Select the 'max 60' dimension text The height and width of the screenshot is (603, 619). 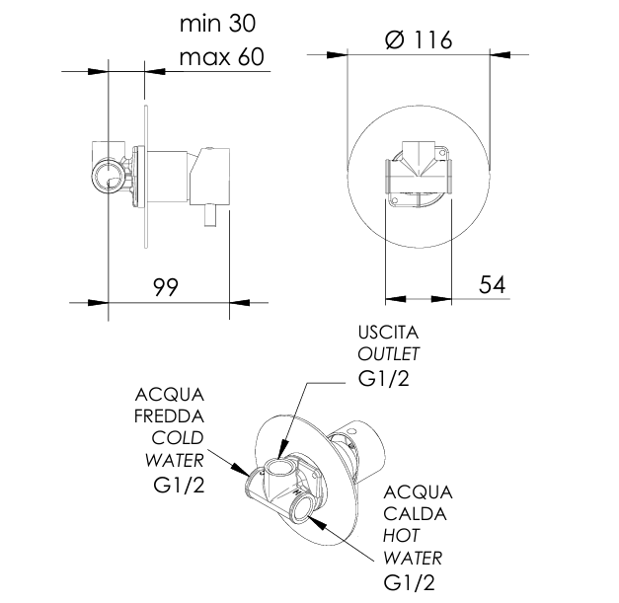pos(221,57)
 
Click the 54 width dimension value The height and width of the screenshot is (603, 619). pos(492,285)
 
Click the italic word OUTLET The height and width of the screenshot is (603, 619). pos(388,353)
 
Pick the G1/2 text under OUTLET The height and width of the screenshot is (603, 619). pos(385,378)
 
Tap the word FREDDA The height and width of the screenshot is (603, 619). pos(169,415)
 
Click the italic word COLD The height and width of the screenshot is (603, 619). pos(177,437)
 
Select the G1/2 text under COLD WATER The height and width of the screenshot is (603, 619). pos(178,485)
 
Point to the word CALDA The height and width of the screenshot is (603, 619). pos(416,514)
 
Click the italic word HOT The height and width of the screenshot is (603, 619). pos(401,536)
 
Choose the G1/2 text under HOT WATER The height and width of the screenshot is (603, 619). pos(410,583)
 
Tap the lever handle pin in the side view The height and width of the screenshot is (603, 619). pos(210,215)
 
